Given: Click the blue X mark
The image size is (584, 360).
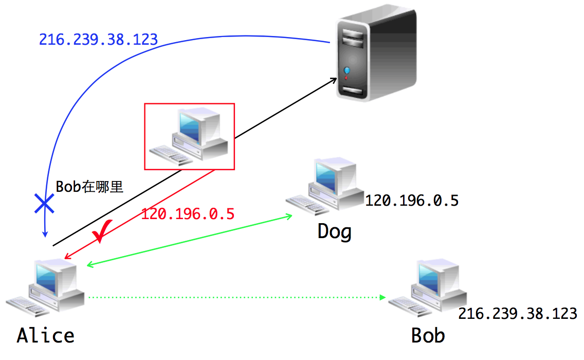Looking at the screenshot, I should tap(45, 204).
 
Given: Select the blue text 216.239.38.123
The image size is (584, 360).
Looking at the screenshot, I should tap(98, 40).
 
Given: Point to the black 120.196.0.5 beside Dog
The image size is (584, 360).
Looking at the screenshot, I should tap(411, 201).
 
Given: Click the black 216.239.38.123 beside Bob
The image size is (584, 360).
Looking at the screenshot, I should tap(518, 314).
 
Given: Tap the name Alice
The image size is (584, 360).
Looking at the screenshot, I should tap(46, 335).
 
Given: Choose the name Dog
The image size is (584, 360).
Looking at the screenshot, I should tap(335, 231).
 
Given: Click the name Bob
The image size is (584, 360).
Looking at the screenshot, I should tap(428, 336).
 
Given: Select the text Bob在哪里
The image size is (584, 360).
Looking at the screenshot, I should tap(90, 187).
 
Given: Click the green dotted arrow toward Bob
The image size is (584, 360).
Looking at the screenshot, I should tap(236, 297).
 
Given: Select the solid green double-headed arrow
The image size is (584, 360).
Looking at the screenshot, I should tap(189, 240).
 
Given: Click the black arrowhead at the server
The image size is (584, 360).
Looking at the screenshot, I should tap(335, 79).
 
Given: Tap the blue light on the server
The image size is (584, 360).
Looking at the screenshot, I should tap(347, 70).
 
